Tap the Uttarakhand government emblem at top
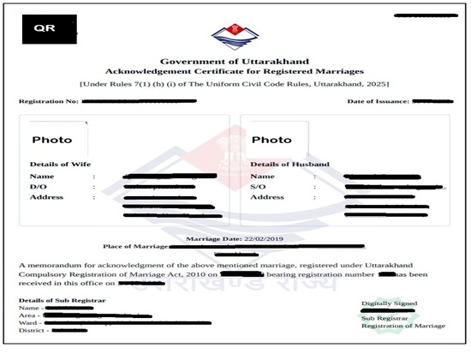pyautogui.click(x=234, y=39)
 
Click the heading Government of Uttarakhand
pyautogui.click(x=234, y=63)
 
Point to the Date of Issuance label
pyautogui.click(x=379, y=102)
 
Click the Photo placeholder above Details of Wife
pyautogui.click(x=52, y=140)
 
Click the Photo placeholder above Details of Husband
pyautogui.click(x=271, y=140)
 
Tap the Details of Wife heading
pyautogui.click(x=60, y=163)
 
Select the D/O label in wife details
pyautogui.click(x=38, y=186)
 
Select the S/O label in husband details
pyautogui.click(x=259, y=186)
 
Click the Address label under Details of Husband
pyautogui.click(x=266, y=197)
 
